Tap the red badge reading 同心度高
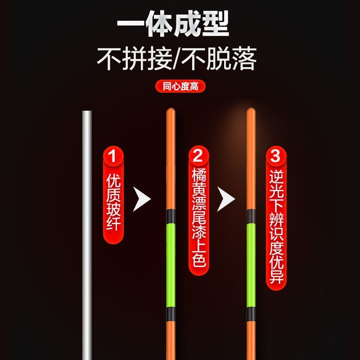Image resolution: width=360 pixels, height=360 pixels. [180, 86]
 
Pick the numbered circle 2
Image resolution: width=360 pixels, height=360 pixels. [198, 157]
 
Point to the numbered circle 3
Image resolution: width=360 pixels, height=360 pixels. [275, 157]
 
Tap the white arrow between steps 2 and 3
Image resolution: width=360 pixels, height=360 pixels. [226, 198]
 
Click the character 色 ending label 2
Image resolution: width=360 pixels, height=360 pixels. [198, 260]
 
